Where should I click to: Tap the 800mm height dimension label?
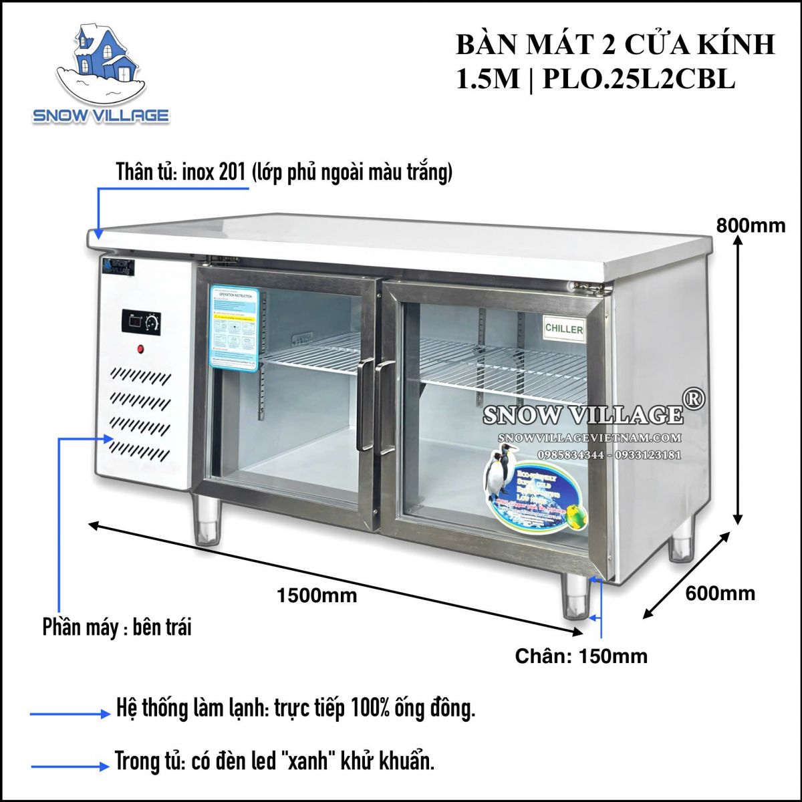point(751,225)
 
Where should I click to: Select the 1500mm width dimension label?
point(317,595)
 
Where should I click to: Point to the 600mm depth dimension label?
point(720,593)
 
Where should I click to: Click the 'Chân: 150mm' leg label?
point(581,656)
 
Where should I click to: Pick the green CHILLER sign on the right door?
point(564,328)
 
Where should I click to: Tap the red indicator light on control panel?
point(141,348)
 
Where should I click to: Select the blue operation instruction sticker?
point(234,327)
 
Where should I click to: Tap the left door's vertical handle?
point(365,404)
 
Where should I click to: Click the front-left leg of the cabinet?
point(207,521)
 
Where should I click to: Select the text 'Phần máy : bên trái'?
point(116,628)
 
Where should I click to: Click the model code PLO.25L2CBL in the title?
point(639,80)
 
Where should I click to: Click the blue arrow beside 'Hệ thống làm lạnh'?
point(70,714)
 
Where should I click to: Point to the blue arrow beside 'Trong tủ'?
point(70,766)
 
